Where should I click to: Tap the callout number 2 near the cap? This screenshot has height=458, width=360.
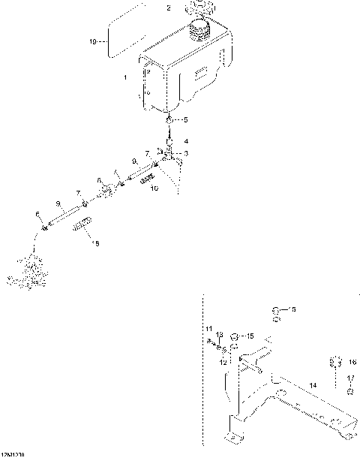(169, 8)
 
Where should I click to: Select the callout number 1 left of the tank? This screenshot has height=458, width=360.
(125, 77)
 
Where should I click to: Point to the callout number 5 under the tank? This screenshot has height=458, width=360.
(187, 120)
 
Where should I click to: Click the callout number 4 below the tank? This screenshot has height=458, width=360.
(187, 141)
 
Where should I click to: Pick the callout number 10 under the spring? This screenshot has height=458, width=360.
(154, 188)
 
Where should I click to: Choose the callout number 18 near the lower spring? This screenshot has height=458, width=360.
(94, 243)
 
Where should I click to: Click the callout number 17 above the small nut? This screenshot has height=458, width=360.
(352, 378)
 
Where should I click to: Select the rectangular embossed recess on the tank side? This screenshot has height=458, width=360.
(202, 74)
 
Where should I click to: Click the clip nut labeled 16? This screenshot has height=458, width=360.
(335, 364)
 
